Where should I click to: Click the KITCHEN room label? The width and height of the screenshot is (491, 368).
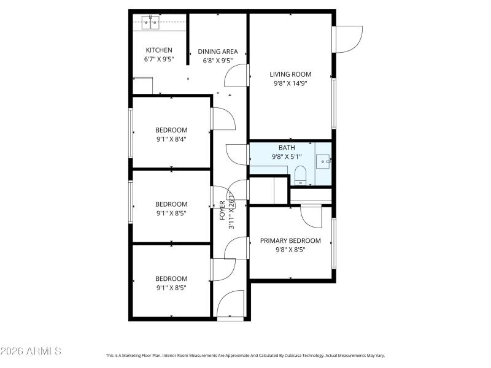point(158,50)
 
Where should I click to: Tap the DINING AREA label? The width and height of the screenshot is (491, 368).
point(217,52)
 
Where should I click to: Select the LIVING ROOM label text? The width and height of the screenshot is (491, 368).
point(290,74)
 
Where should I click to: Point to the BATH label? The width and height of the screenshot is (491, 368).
point(287,148)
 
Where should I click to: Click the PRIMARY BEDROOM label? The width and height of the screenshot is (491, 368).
point(290,240)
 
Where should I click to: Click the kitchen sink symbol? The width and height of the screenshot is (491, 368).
point(150,23)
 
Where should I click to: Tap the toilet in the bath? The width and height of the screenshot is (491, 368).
point(300,176)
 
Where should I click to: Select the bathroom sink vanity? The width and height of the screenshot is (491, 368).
point(323,161)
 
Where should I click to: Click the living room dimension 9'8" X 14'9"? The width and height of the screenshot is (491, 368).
point(290,83)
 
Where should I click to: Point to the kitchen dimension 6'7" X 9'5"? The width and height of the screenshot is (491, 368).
point(158,59)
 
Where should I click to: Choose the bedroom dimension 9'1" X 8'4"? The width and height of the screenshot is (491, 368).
point(171,139)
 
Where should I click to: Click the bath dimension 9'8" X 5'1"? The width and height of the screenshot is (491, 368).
point(287,156)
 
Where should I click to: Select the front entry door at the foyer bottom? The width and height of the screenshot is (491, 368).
point(231,305)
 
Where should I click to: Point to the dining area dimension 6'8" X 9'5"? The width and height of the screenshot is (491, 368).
point(217,61)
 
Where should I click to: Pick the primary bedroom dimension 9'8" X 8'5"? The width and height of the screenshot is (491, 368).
point(290,250)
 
